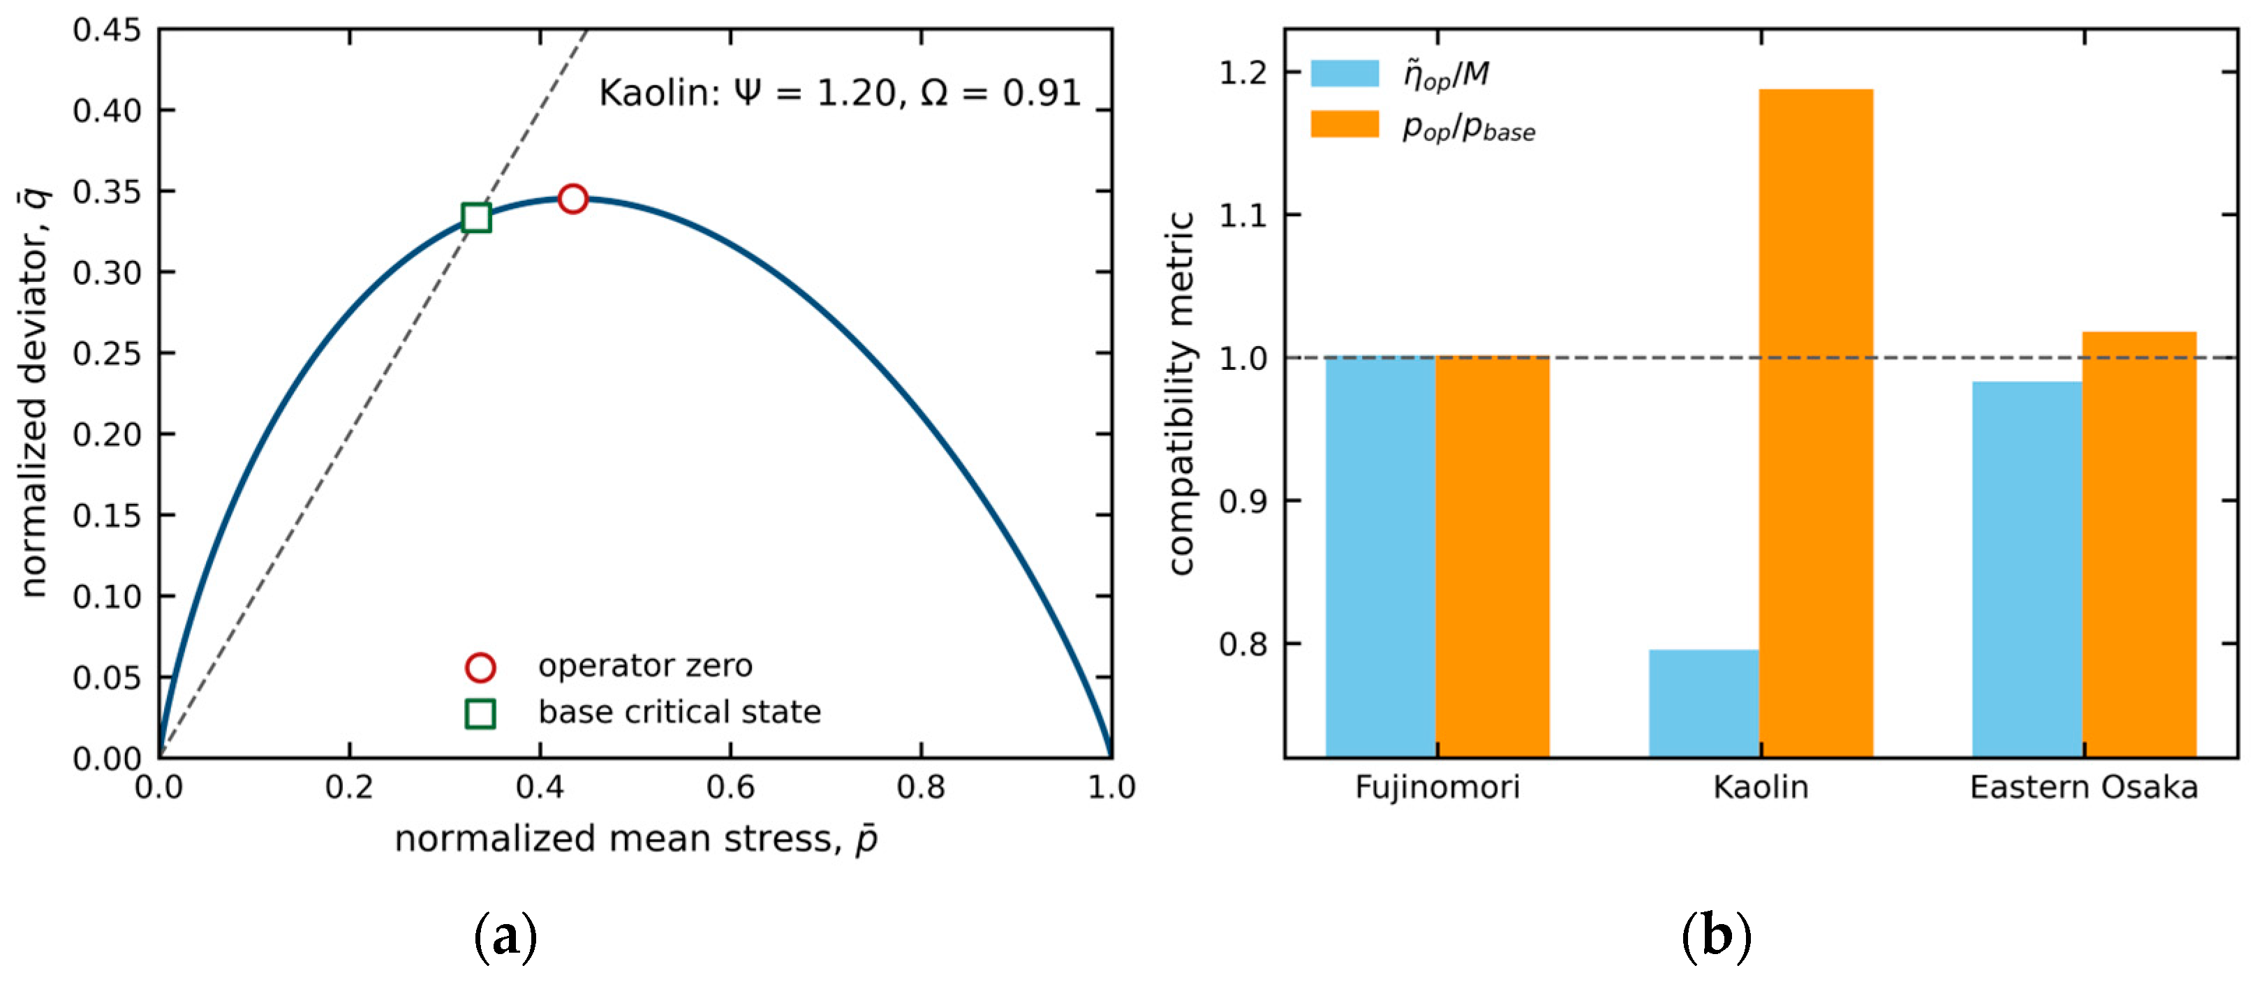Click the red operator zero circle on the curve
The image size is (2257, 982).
(x=572, y=199)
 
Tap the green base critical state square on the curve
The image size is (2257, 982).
(x=475, y=216)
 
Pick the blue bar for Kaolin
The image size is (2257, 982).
(x=1703, y=703)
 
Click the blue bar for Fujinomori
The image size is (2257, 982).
(x=1380, y=556)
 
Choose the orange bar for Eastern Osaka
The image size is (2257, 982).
(x=2139, y=544)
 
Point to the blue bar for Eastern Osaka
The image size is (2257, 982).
(x=2027, y=569)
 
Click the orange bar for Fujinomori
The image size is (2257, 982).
(x=1492, y=556)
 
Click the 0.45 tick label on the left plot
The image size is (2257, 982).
(x=107, y=30)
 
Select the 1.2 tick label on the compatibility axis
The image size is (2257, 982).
(x=1243, y=72)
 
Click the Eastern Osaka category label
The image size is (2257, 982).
(x=2084, y=787)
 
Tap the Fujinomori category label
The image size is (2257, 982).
(x=1437, y=787)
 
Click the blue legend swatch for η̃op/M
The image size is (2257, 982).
(x=1344, y=73)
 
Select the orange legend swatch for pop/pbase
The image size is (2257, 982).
(x=1344, y=124)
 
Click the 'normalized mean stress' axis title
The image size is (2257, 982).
(x=636, y=838)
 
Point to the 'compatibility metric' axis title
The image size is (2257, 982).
(x=1181, y=394)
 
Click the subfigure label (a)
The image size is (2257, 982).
(x=505, y=937)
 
